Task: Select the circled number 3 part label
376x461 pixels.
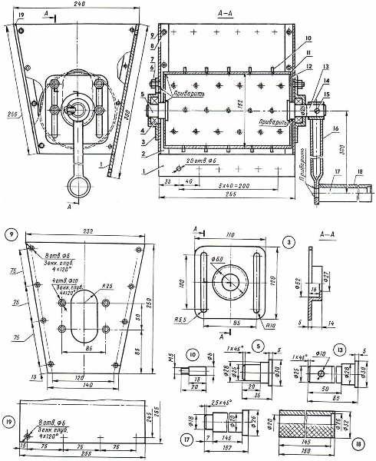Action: pyautogui.click(x=288, y=242)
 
